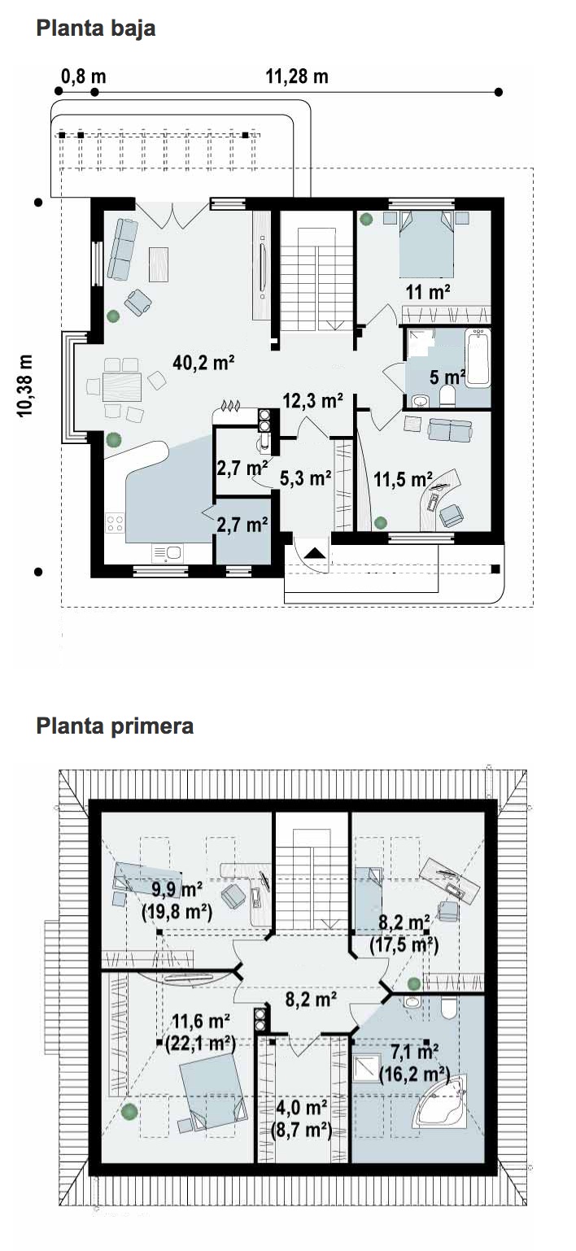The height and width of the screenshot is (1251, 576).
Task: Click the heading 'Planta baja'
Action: click(95, 28)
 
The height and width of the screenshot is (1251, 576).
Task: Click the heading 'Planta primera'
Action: click(115, 726)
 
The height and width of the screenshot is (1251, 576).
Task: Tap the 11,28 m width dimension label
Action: click(297, 76)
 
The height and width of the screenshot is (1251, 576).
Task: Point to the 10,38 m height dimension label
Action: click(25, 386)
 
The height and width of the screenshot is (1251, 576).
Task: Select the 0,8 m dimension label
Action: click(83, 76)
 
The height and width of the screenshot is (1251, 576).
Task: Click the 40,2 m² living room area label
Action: click(203, 363)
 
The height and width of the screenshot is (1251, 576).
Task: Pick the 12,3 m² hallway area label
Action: click(312, 400)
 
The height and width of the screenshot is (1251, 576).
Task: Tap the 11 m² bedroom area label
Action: click(428, 291)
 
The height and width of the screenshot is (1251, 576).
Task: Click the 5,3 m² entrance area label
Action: click(306, 478)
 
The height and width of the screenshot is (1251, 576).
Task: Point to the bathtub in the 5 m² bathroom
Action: click(478, 357)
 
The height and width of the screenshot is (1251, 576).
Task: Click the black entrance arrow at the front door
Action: click(314, 553)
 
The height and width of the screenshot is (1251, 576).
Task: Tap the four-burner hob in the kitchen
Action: click(115, 523)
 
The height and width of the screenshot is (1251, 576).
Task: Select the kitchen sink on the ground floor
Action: click(167, 553)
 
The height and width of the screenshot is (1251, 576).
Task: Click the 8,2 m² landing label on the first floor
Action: click(311, 999)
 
